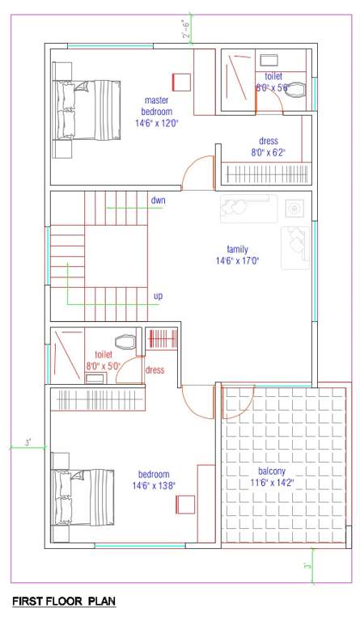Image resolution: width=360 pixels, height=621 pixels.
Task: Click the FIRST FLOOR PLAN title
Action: point(64,602)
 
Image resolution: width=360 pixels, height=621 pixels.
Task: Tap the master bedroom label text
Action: point(156,105)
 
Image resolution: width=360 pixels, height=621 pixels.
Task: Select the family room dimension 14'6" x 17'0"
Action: point(237,261)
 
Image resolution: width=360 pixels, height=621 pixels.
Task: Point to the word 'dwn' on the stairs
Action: point(159,200)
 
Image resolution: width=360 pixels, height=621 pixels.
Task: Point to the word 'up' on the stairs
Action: point(158,296)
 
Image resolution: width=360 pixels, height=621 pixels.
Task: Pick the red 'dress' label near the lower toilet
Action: point(155,370)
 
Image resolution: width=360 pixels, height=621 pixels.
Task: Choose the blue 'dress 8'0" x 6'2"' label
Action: point(268,146)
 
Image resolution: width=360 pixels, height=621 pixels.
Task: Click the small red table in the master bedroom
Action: point(180,82)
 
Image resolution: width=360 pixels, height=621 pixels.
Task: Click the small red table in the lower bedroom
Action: point(184,505)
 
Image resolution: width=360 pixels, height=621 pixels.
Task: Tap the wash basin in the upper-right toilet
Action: point(269,59)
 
